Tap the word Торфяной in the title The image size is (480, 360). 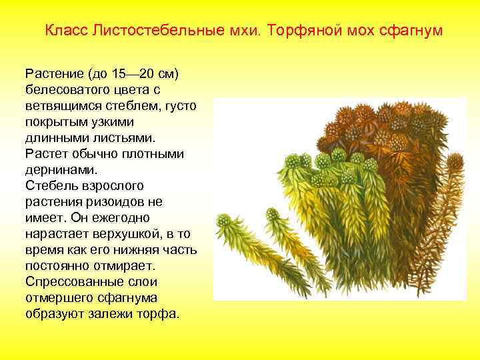coord(289,31)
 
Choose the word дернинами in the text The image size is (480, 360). coord(57,169)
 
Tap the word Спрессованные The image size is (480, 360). coord(69,281)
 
